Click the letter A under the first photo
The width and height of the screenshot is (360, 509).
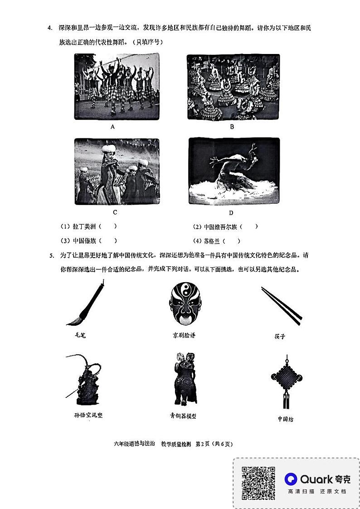tap(112, 127)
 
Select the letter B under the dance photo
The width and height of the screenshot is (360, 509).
tap(232, 127)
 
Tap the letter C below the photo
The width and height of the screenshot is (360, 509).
tap(115, 212)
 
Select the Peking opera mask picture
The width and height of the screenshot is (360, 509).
tap(184, 304)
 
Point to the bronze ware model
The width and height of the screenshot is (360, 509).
tap(184, 379)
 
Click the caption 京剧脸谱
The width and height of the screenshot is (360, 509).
tap(184, 336)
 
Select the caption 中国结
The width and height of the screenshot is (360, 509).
tap(286, 419)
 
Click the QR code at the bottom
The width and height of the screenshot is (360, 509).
tap(258, 483)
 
